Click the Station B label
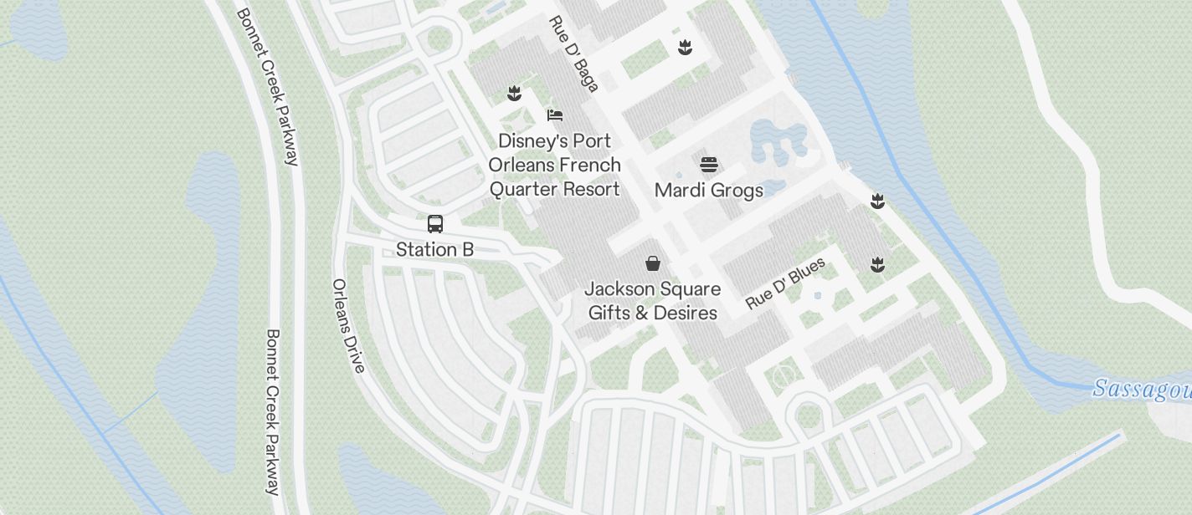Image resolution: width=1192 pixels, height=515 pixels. coord(434,249)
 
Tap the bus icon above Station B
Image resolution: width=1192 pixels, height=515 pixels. coord(435,224)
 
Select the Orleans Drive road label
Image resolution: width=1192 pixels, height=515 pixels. coord(348,325)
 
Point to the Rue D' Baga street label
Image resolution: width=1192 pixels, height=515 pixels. coord(574,54)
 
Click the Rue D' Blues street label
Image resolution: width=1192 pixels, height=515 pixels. coord(785,283)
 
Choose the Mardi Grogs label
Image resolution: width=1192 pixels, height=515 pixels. coord(709,190)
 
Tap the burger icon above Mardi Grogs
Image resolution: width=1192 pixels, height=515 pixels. coord(709,165)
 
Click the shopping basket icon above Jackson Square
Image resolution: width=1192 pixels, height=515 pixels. coord(653,263)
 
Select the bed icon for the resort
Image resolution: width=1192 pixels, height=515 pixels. coord(555,115)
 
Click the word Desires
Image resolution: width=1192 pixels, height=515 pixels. coord(686,313)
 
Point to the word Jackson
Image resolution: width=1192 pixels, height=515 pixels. coord(618,289)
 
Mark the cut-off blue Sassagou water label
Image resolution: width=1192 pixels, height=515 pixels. coord(1143,390)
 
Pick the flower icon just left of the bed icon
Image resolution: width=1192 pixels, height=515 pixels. coord(515,93)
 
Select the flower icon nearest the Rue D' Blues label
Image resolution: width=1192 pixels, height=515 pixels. coord(877,265)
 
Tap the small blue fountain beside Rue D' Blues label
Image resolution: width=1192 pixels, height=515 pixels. coord(818,295)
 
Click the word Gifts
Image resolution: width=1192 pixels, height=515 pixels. coord(609,313)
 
